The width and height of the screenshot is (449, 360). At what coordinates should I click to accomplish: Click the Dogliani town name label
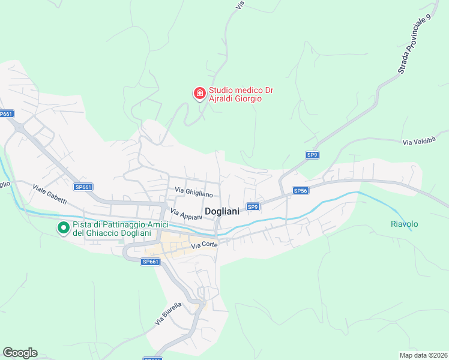(222, 211)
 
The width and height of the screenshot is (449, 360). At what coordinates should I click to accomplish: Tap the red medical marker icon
(199, 94)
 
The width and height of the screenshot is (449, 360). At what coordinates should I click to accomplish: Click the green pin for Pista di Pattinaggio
(63, 228)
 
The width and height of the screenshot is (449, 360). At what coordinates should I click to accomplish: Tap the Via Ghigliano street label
(194, 192)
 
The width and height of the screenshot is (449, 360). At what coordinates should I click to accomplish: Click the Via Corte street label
(204, 245)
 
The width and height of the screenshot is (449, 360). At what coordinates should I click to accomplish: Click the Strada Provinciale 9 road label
(415, 45)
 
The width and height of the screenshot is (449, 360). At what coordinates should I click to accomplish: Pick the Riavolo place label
(404, 224)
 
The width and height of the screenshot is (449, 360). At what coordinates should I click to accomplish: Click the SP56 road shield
(300, 190)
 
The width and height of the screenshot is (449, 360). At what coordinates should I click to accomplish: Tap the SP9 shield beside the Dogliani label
(253, 207)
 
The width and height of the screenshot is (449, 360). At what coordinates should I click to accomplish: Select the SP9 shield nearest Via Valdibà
(312, 155)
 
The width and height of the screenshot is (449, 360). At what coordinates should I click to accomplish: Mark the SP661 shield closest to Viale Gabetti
(83, 187)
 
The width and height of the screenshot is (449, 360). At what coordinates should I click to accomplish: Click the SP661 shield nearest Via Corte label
(150, 262)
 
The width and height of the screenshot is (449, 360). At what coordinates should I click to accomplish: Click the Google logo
(20, 352)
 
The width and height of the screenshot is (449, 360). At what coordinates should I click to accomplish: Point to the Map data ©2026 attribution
(423, 355)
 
